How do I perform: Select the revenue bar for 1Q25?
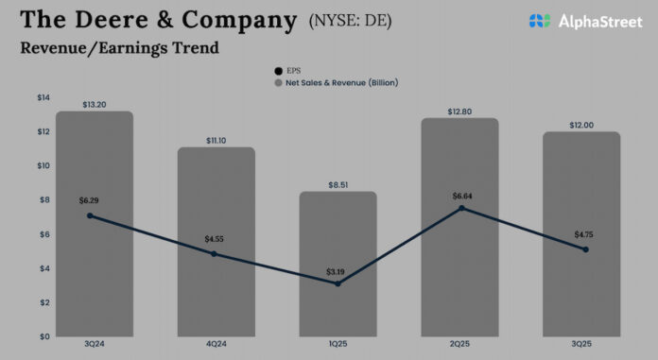point(338,264)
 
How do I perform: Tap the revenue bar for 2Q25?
point(459,227)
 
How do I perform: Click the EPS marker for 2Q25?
point(460,208)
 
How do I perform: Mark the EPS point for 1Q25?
point(338,283)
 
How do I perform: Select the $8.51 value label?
point(338,185)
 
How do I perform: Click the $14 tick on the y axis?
point(43,97)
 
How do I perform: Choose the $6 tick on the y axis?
point(43,234)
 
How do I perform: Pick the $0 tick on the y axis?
point(43,336)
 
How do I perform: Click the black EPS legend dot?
point(278,71)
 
